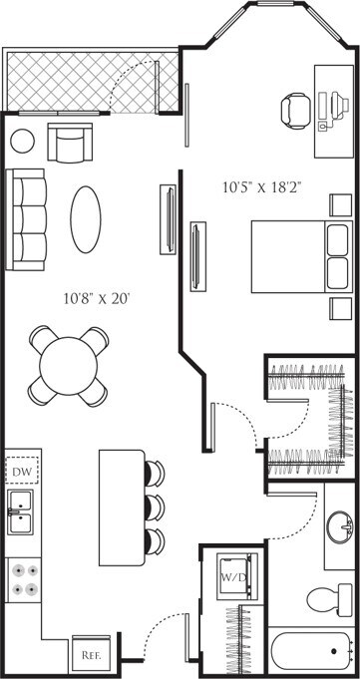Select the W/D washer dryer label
pyautogui.click(x=232, y=576)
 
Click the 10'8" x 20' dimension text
pyautogui.click(x=98, y=297)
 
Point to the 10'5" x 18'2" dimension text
pyautogui.click(x=263, y=186)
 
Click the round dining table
pyautogui.click(x=68, y=365)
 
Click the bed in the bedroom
pyautogui.click(x=297, y=256)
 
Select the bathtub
pyautogui.click(x=312, y=654)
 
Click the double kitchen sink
pyautogui.click(x=20, y=512)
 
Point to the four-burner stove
pyautogui.click(x=23, y=580)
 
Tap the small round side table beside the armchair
pyautogui.click(x=22, y=141)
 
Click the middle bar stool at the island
pyautogui.click(x=154, y=505)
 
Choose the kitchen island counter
pyautogui.click(x=122, y=505)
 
